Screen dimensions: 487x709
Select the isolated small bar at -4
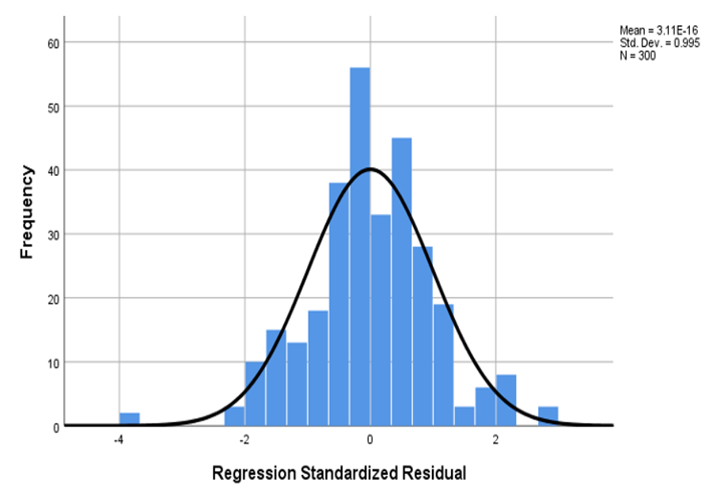[130, 420]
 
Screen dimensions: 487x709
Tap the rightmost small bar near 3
[548, 417]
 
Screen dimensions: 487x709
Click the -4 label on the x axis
[119, 441]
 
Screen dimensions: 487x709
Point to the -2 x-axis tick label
[244, 441]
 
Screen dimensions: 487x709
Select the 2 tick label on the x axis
[496, 441]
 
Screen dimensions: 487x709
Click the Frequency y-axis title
[28, 211]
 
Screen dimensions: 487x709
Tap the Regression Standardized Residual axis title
[339, 474]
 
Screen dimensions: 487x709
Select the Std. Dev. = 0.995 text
[658, 43]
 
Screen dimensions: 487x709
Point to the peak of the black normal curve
[370, 169]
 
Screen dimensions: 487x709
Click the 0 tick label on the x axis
[370, 441]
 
